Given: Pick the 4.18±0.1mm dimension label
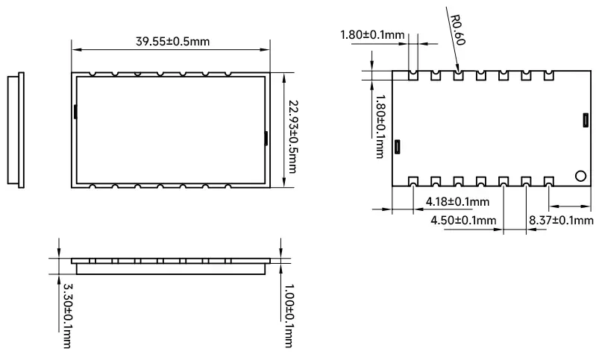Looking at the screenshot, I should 457,202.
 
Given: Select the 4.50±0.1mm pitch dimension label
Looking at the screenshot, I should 463,220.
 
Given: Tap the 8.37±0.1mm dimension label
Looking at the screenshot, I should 561,220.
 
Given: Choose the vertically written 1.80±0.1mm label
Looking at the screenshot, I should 380,126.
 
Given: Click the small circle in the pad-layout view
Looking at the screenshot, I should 580,176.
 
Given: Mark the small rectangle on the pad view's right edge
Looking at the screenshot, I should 586,119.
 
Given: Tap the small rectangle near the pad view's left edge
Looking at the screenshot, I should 398,146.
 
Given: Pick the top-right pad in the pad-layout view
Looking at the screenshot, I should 549,75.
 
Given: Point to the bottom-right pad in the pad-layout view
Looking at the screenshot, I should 549,180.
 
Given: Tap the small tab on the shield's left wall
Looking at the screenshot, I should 76,112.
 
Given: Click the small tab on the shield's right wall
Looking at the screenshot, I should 267,136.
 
